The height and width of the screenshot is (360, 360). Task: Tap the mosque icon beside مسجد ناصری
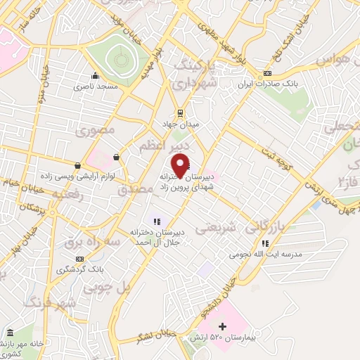point(96,77)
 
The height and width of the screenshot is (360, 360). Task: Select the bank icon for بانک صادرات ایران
point(267,74)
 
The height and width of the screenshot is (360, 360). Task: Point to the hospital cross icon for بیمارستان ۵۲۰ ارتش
point(223,326)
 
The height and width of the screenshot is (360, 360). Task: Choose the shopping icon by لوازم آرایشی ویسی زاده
point(115,157)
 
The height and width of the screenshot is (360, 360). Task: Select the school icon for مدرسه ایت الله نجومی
point(265,243)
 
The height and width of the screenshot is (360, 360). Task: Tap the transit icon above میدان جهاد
point(180,112)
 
